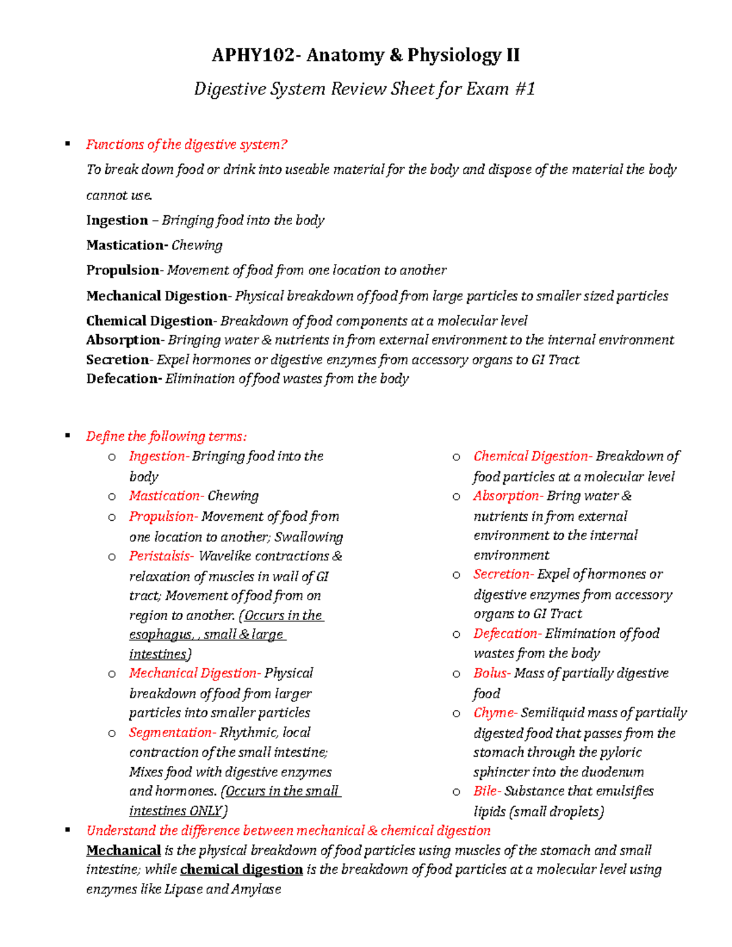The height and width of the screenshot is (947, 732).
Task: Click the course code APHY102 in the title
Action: point(252,55)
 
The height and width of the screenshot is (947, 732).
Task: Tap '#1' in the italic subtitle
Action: point(525,89)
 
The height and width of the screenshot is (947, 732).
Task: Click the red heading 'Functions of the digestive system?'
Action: point(186,145)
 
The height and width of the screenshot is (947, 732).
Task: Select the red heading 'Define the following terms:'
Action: point(166,436)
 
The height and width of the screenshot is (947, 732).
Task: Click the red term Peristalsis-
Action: point(161,556)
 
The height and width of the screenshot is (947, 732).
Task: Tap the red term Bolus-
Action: point(492,673)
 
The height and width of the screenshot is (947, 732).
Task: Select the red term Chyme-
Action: point(495,713)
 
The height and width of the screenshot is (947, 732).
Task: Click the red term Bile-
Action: point(487,792)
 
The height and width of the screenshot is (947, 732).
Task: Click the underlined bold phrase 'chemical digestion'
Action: point(242,870)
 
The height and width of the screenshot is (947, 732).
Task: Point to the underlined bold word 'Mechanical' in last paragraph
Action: point(123,851)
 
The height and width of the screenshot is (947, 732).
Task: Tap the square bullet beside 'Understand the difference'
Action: point(68,830)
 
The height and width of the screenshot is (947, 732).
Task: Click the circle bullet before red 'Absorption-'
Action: point(456,497)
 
